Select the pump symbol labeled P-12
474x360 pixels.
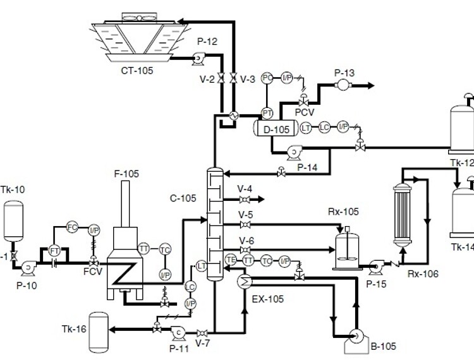click(197, 58)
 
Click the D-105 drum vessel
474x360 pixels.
click(276, 129)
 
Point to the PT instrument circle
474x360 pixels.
click(267, 112)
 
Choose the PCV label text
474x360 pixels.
click(305, 112)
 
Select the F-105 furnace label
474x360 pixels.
click(126, 173)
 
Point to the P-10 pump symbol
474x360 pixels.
click(28, 268)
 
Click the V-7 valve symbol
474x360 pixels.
click(202, 333)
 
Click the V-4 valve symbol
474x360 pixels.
click(245, 200)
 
